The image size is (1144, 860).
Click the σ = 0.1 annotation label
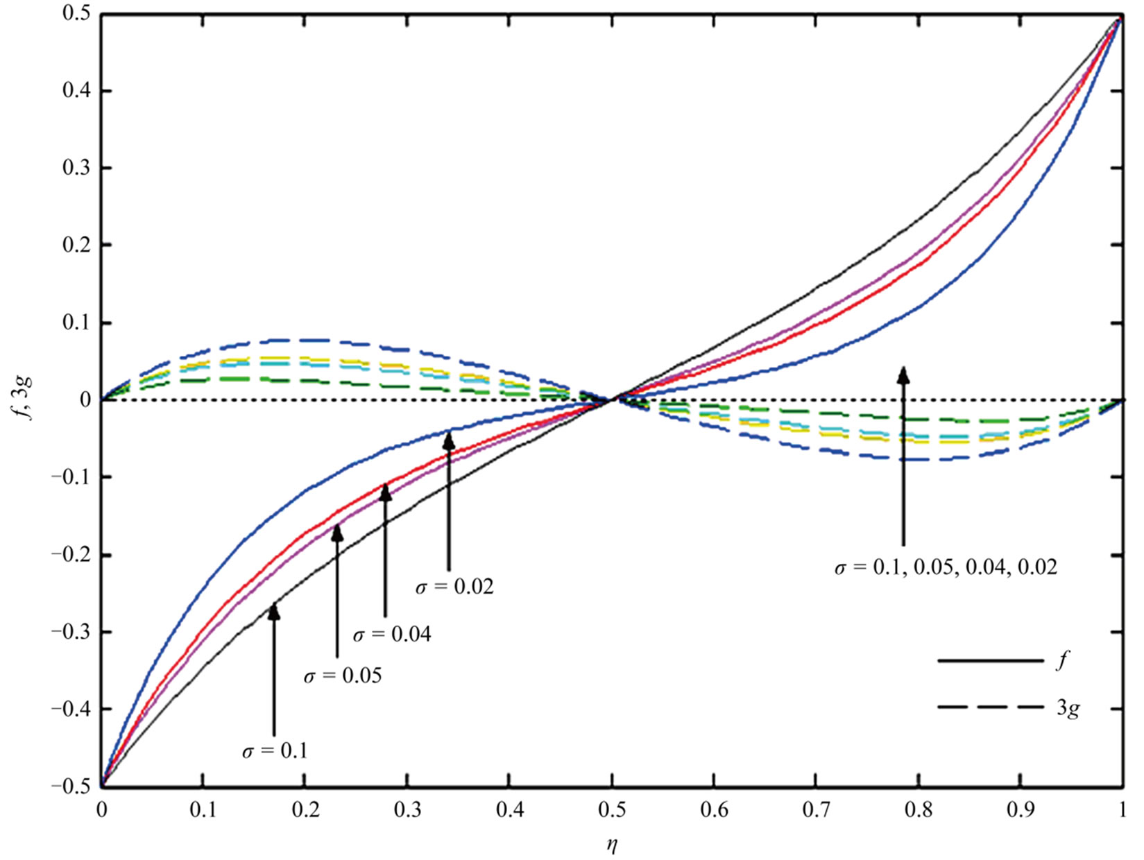pos(275,751)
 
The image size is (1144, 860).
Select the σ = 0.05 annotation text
pos(343,675)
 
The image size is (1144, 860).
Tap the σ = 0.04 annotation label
pos(392,634)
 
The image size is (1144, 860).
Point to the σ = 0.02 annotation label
pos(454,587)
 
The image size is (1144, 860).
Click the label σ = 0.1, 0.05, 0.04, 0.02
pos(946,567)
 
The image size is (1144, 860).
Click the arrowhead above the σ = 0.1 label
pos(274,611)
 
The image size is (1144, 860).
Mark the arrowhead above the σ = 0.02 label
pos(449,440)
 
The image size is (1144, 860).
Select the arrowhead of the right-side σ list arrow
pos(903,375)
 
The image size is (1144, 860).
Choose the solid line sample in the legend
pos(989,661)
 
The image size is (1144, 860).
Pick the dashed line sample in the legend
pos(989,707)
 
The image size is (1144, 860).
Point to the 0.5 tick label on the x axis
pos(612,809)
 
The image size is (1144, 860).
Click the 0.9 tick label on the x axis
pos(1021,809)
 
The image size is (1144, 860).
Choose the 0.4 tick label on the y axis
pos(78,92)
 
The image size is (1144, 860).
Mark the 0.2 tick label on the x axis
pos(305,809)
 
